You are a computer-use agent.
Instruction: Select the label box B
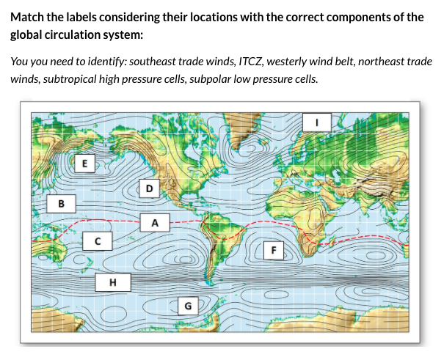(62, 202)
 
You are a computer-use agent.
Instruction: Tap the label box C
(97, 240)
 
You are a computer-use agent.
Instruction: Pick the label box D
(150, 188)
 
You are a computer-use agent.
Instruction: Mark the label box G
(189, 304)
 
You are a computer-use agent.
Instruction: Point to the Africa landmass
(308, 213)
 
